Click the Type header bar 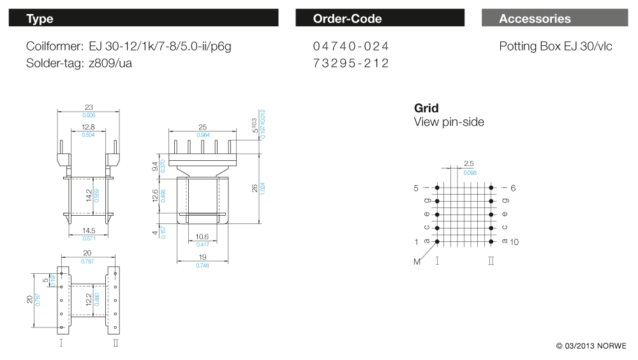click(143, 18)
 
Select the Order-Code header click(380, 18)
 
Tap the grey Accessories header click(554, 18)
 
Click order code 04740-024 click(351, 46)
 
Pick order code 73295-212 click(351, 63)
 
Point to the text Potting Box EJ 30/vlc click(556, 47)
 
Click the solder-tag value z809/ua click(110, 63)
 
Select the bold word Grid click(426, 108)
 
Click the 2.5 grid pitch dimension click(469, 163)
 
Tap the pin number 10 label click(514, 243)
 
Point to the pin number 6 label click(513, 188)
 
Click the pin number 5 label click(416, 188)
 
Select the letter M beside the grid click(417, 262)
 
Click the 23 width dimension click(89, 107)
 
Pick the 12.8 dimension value click(88, 127)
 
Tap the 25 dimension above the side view click(203, 127)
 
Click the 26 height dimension click(255, 188)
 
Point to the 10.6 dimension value click(202, 237)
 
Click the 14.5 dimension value click(89, 230)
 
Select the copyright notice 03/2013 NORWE click(591, 346)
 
